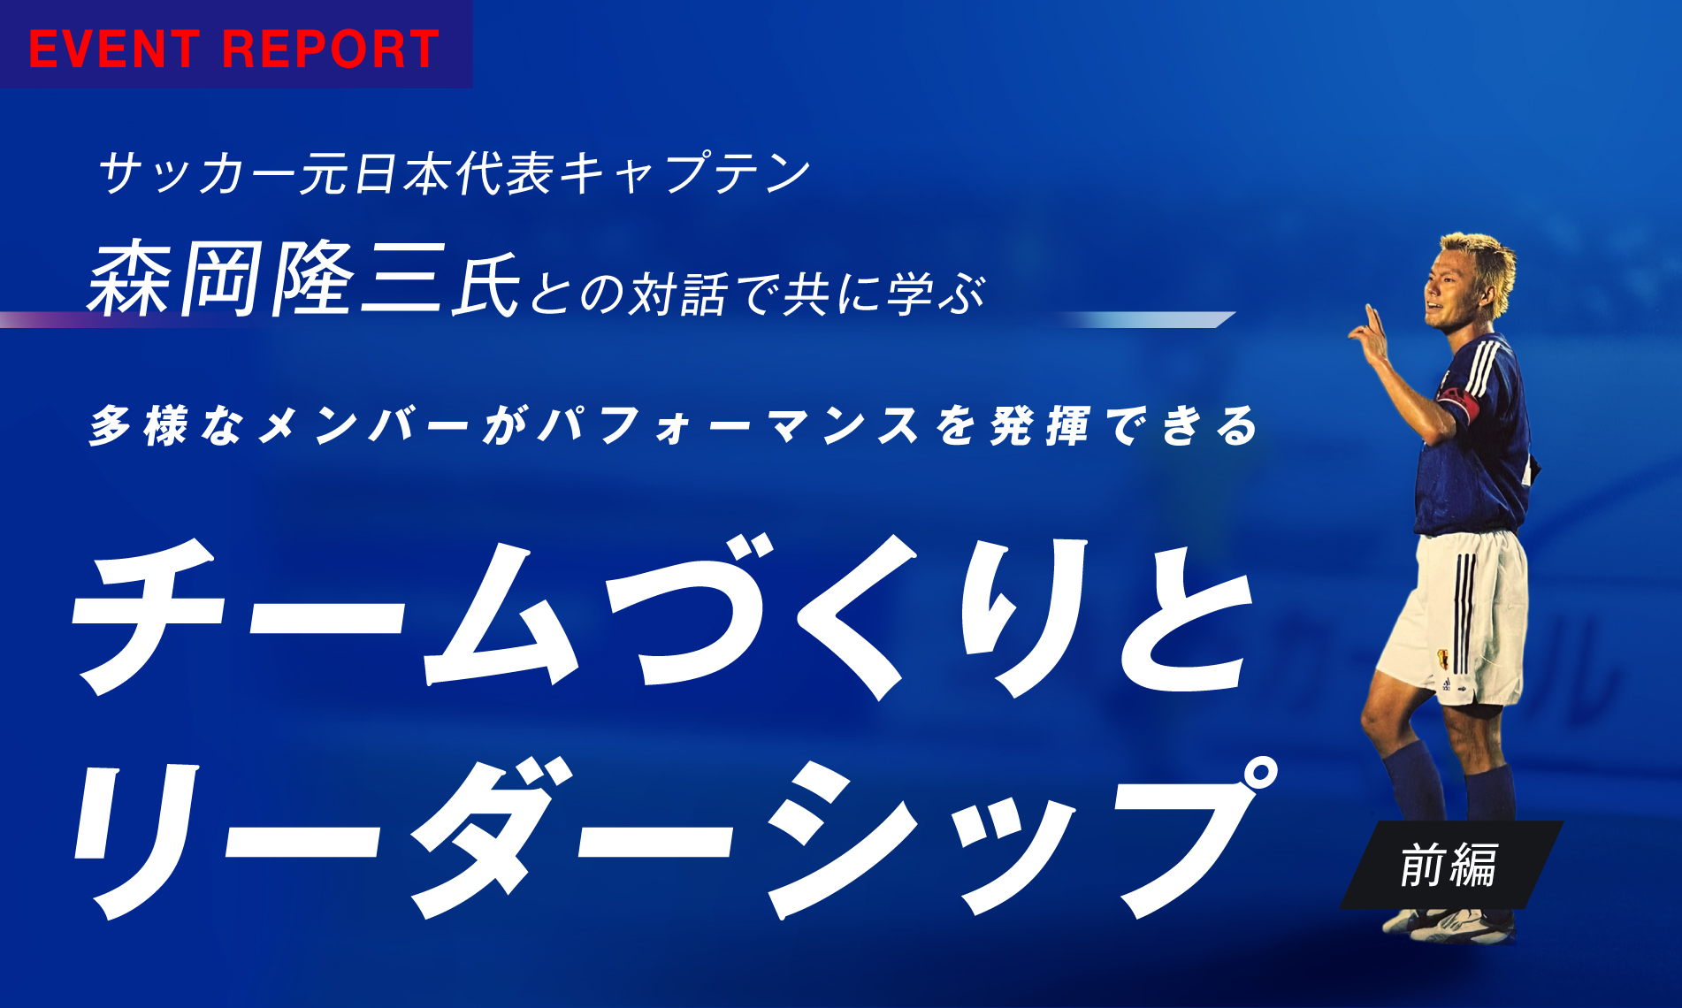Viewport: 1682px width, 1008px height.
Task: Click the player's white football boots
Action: [1450, 925]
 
